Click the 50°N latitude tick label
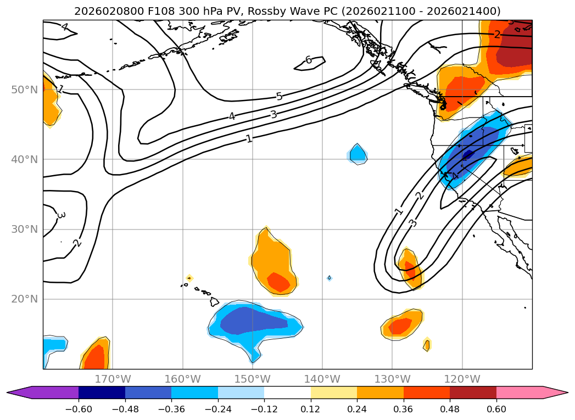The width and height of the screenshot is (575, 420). (24, 89)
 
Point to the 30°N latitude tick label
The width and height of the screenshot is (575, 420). (24, 229)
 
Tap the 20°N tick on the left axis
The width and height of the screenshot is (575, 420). (24, 299)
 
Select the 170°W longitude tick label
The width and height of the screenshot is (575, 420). (113, 379)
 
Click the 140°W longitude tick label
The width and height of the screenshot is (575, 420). (322, 379)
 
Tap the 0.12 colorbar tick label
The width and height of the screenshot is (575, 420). (310, 408)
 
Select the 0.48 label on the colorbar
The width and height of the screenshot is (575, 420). (450, 408)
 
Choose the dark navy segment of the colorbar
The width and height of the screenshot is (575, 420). (102, 393)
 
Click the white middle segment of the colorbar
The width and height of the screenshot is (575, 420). (287, 393)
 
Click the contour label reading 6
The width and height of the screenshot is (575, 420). (309, 60)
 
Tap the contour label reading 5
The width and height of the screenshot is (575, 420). (279, 97)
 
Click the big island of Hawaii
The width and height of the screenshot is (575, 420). (214, 301)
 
